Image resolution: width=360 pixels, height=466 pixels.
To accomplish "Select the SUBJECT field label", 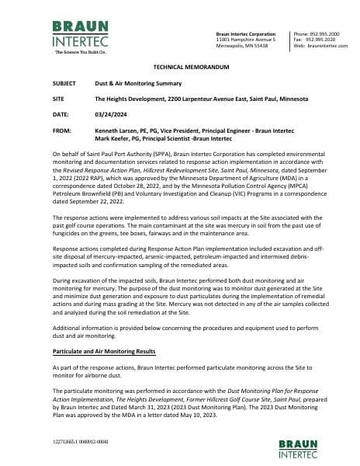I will [x=64, y=83].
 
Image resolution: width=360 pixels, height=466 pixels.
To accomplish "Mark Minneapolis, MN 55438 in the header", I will [x=241, y=47].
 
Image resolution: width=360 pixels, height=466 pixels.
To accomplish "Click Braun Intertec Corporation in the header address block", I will [x=245, y=34].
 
